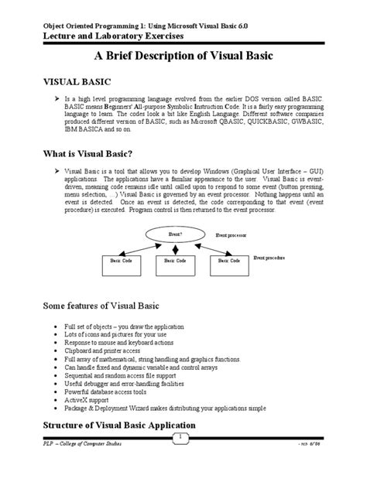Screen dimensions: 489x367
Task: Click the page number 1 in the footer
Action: click(183, 439)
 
